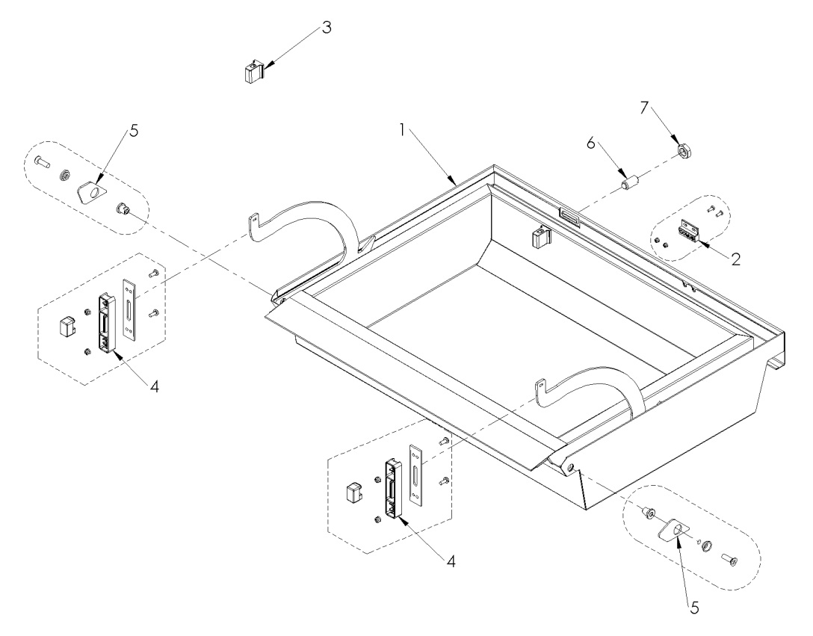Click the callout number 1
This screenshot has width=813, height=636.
[401, 130]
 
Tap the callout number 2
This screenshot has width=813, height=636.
[736, 260]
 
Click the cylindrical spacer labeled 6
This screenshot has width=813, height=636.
[629, 182]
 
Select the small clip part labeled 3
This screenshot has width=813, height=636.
[253, 73]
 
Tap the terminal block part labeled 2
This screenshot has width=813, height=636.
[688, 232]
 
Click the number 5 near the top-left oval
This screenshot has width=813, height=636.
[134, 129]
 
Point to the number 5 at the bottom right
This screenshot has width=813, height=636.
[694, 608]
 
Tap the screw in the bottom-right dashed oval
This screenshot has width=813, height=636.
[730, 558]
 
